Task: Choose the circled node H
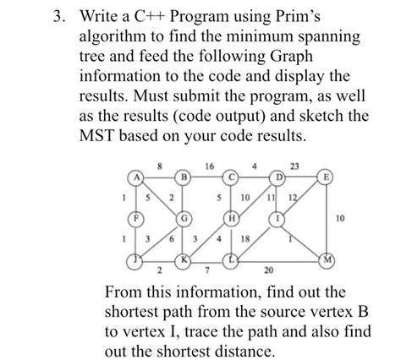click(228, 218)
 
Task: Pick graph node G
click(182, 218)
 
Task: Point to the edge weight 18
click(246, 239)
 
